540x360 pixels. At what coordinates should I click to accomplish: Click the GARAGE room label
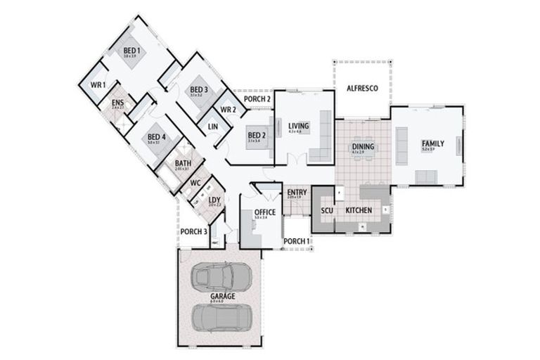[222, 297]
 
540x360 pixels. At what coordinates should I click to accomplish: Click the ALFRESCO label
[363, 89]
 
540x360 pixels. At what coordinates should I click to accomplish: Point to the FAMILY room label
[433, 143]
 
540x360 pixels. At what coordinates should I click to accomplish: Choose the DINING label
[363, 146]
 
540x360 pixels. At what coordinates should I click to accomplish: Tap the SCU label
[327, 210]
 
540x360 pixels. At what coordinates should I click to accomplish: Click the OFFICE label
[264, 212]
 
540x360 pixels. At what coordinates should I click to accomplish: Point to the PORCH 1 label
[296, 242]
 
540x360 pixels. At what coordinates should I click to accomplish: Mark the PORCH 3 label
[193, 232]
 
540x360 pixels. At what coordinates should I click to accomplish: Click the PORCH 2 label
[257, 99]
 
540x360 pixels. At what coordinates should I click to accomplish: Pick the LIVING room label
[299, 125]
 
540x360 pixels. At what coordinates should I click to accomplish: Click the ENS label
[117, 103]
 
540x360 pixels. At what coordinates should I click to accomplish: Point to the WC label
[195, 183]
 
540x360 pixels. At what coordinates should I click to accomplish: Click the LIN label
[212, 127]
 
